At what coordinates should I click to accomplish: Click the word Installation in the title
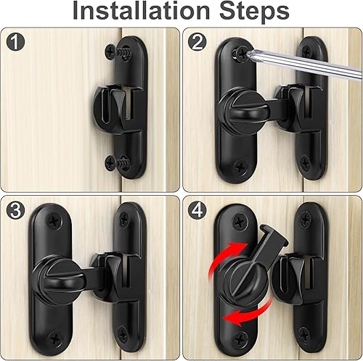click(141, 11)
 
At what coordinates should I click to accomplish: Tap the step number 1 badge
click(15, 42)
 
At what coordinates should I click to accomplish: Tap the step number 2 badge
click(197, 43)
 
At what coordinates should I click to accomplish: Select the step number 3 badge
click(15, 210)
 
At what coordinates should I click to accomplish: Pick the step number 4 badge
click(197, 209)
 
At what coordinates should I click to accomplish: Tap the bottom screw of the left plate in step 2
click(241, 167)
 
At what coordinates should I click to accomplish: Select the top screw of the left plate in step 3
click(55, 220)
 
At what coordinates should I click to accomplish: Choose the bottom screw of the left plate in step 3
click(55, 339)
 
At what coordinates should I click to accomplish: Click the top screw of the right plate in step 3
click(124, 219)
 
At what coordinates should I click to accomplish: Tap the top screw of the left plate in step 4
click(240, 221)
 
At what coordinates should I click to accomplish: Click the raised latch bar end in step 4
click(274, 236)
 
